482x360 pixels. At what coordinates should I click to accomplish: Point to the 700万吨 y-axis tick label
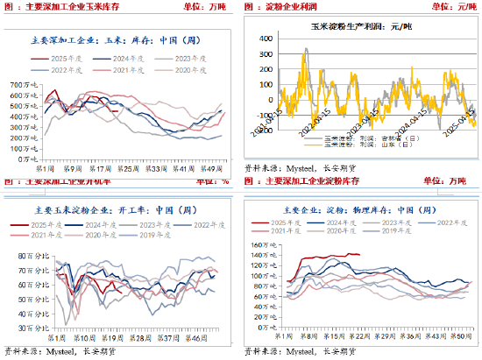(x=24, y=84)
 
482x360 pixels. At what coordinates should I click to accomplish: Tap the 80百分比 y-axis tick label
(x=31, y=255)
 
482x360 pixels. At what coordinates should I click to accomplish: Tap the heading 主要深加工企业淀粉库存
(x=324, y=182)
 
